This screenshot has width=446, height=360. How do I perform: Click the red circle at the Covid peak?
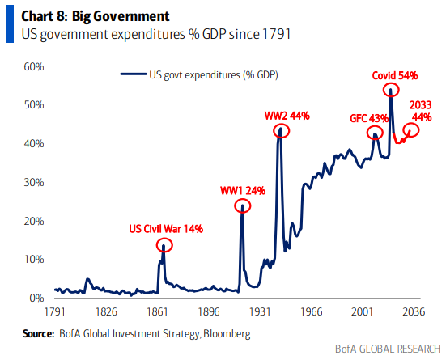tap(391, 83)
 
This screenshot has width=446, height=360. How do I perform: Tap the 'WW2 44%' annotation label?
tap(287, 116)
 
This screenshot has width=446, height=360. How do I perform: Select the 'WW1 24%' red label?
tap(243, 191)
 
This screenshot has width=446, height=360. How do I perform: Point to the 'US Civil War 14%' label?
tap(166, 229)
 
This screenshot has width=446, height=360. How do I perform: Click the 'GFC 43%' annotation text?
tap(369, 118)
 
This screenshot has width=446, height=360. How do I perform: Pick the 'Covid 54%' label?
tap(395, 75)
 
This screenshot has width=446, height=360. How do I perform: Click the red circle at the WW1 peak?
tap(243, 199)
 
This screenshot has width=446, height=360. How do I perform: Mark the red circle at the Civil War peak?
tap(164, 239)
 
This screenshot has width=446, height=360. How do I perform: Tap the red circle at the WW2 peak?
tap(282, 125)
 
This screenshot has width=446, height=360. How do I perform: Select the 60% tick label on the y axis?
tap(34, 66)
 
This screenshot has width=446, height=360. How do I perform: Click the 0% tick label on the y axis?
tap(36, 298)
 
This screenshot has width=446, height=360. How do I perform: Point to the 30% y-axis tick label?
tap(34, 182)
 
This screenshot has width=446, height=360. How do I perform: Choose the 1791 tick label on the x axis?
tap(55, 311)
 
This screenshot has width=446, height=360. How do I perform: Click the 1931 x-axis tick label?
tap(260, 311)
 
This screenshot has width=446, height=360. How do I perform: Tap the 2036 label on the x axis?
tap(414, 311)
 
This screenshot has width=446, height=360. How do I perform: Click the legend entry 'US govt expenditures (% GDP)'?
tap(199, 74)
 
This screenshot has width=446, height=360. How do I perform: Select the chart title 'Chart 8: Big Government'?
tap(96, 16)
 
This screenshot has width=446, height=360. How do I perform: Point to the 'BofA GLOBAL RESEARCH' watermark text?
tap(388, 349)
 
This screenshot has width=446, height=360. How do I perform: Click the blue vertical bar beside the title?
tap(10, 24)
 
